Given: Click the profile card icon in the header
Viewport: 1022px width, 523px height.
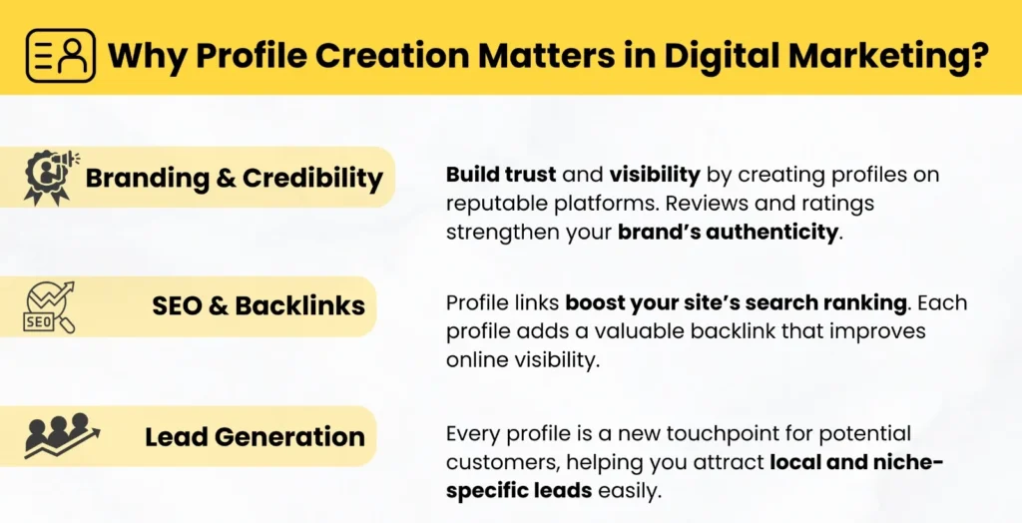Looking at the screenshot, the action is coord(61,56).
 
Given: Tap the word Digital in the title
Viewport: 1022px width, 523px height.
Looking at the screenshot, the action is coord(721,55).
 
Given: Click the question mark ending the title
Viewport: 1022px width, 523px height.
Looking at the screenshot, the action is coord(978,54).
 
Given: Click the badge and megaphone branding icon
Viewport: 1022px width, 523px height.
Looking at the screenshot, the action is coord(50,177).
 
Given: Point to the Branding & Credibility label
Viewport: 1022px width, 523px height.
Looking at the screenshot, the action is coord(234,178).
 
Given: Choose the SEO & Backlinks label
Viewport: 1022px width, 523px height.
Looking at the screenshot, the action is coord(258,305).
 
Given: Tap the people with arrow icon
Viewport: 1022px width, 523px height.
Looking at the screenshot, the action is coord(62,435).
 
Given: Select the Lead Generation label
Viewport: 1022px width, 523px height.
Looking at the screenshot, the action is coord(255,436).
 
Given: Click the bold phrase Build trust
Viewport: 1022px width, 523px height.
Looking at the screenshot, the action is coord(501,174).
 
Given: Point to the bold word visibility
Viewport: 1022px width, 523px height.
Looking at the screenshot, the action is coord(655,175).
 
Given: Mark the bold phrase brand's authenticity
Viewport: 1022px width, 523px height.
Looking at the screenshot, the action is coord(728,232).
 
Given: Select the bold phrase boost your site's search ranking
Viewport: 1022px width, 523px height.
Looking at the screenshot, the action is coord(736,303).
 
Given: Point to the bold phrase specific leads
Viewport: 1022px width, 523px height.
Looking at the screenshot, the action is coord(519,490).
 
